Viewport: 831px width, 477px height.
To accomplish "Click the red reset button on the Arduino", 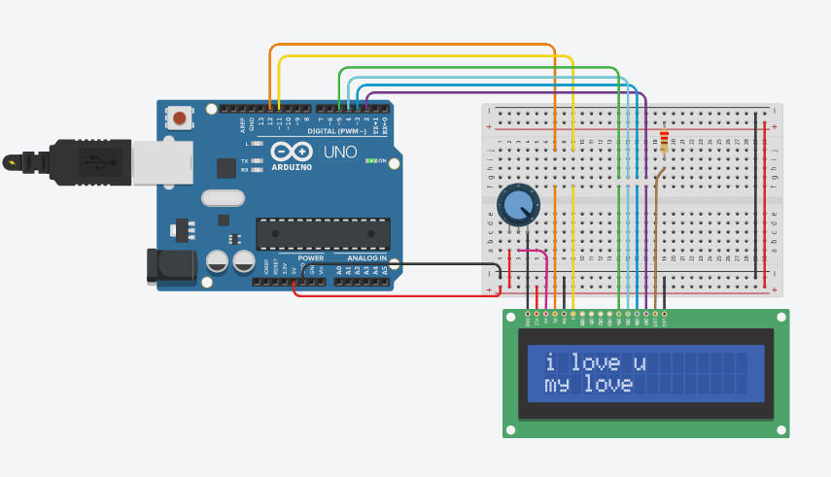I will [180, 119].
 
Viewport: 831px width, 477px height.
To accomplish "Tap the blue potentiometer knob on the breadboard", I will [519, 204].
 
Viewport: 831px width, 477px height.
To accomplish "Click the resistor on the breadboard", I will [664, 142].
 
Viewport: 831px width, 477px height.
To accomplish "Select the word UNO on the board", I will [340, 152].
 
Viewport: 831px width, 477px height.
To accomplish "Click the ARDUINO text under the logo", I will [293, 167].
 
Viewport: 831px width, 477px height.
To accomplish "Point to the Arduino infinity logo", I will [292, 153].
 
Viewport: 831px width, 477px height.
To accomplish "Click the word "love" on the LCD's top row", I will [594, 363].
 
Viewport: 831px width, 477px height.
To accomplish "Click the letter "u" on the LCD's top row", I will [640, 363].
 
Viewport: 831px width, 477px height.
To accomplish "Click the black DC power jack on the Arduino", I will [166, 268].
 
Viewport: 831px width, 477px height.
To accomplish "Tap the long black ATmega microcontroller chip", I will [323, 233].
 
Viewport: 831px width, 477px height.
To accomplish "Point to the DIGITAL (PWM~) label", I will [336, 130].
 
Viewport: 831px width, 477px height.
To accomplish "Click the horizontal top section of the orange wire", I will [408, 45].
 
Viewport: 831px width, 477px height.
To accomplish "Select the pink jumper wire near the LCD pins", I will [536, 253].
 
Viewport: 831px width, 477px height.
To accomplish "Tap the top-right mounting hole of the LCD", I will [780, 318].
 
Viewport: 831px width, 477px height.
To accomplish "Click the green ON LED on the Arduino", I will [370, 160].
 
